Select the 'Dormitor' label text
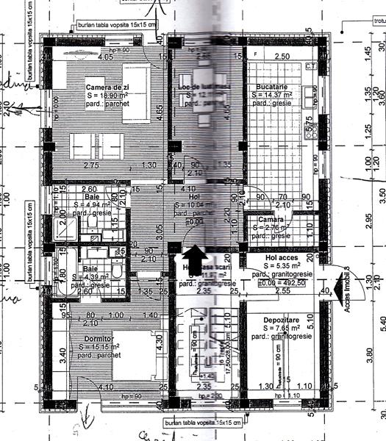(88, 339)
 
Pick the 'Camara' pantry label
(264, 219)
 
